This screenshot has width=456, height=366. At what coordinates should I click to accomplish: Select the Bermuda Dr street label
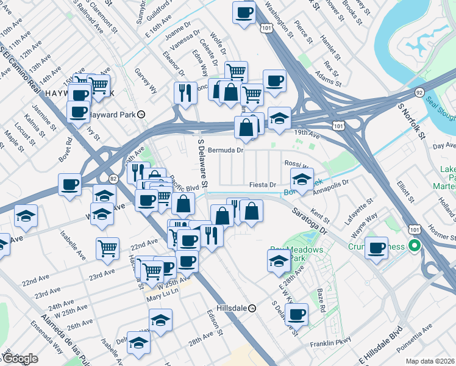[x=226, y=149]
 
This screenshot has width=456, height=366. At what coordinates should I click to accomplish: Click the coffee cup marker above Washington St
[x=244, y=13]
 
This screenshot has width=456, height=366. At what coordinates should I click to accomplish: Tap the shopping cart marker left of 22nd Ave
[x=107, y=248]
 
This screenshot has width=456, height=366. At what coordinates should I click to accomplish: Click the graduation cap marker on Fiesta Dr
[x=302, y=180]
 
